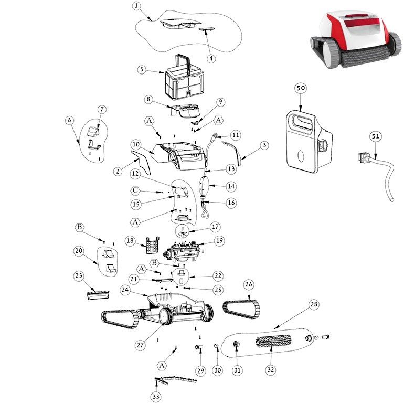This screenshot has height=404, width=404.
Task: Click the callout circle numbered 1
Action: click(x=136, y=6)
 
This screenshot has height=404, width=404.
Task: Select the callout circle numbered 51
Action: click(x=375, y=136)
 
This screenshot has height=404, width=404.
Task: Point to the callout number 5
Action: click(x=142, y=69)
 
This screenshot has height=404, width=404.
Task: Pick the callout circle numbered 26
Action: click(x=249, y=285)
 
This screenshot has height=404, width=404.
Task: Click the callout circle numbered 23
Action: click(x=79, y=274)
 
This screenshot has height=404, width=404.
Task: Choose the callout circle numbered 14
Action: click(x=231, y=186)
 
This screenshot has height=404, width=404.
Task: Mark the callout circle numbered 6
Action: click(x=69, y=120)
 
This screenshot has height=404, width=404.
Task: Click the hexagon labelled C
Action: click(x=135, y=189)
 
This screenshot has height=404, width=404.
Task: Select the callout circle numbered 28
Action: click(x=314, y=304)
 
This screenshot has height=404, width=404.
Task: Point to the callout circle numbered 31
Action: click(x=238, y=370)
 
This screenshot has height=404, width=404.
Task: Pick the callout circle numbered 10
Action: click(x=135, y=144)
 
